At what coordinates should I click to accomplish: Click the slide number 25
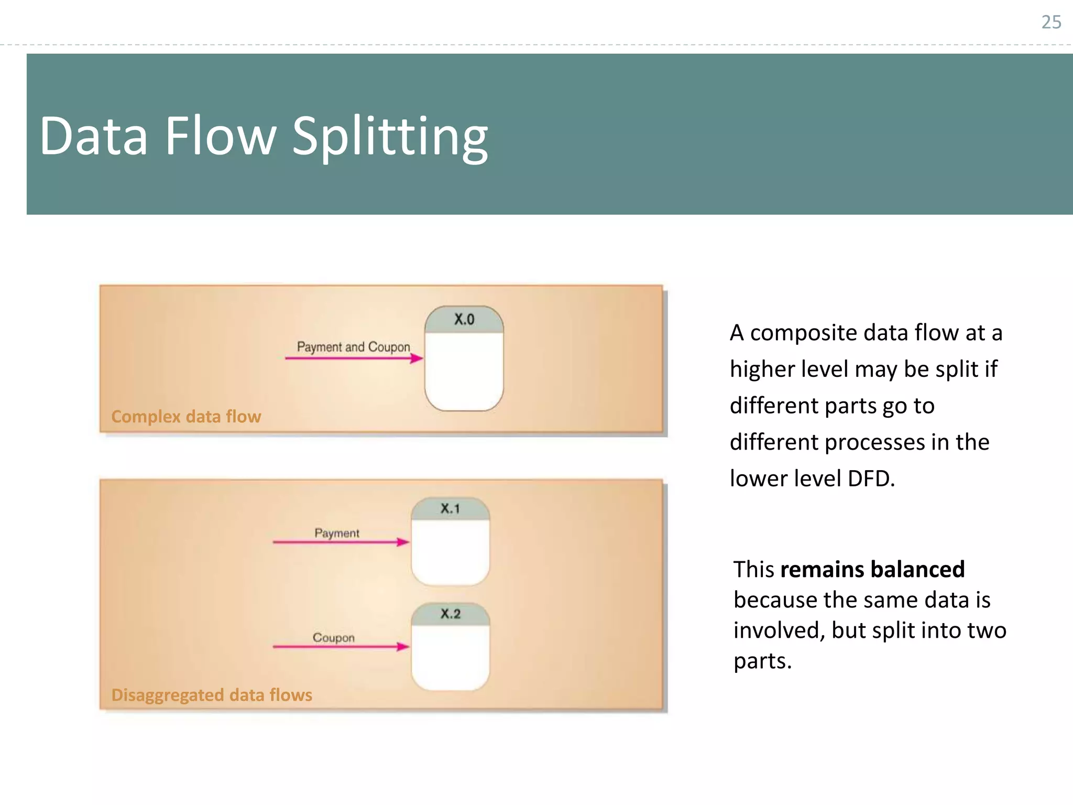click(x=1050, y=22)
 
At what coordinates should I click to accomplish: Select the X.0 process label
click(x=464, y=319)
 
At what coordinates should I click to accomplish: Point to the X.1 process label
click(x=450, y=508)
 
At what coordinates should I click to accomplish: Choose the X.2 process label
click(x=450, y=614)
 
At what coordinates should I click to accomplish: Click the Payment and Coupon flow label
click(x=353, y=347)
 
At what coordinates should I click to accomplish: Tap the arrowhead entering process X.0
click(x=417, y=358)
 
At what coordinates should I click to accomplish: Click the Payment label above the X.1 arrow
click(x=337, y=533)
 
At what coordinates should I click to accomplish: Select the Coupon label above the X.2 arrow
click(x=334, y=638)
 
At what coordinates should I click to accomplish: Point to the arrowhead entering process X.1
click(x=403, y=542)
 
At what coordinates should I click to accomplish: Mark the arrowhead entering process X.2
click(x=403, y=647)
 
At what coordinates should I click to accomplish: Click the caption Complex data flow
click(x=186, y=417)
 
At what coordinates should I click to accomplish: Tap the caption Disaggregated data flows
click(x=212, y=695)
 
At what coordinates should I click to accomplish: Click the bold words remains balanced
click(x=872, y=569)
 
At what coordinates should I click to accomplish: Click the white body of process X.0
click(x=464, y=372)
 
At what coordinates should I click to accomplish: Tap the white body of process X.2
click(x=450, y=658)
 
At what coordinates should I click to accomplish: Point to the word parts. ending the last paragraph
click(x=762, y=661)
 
